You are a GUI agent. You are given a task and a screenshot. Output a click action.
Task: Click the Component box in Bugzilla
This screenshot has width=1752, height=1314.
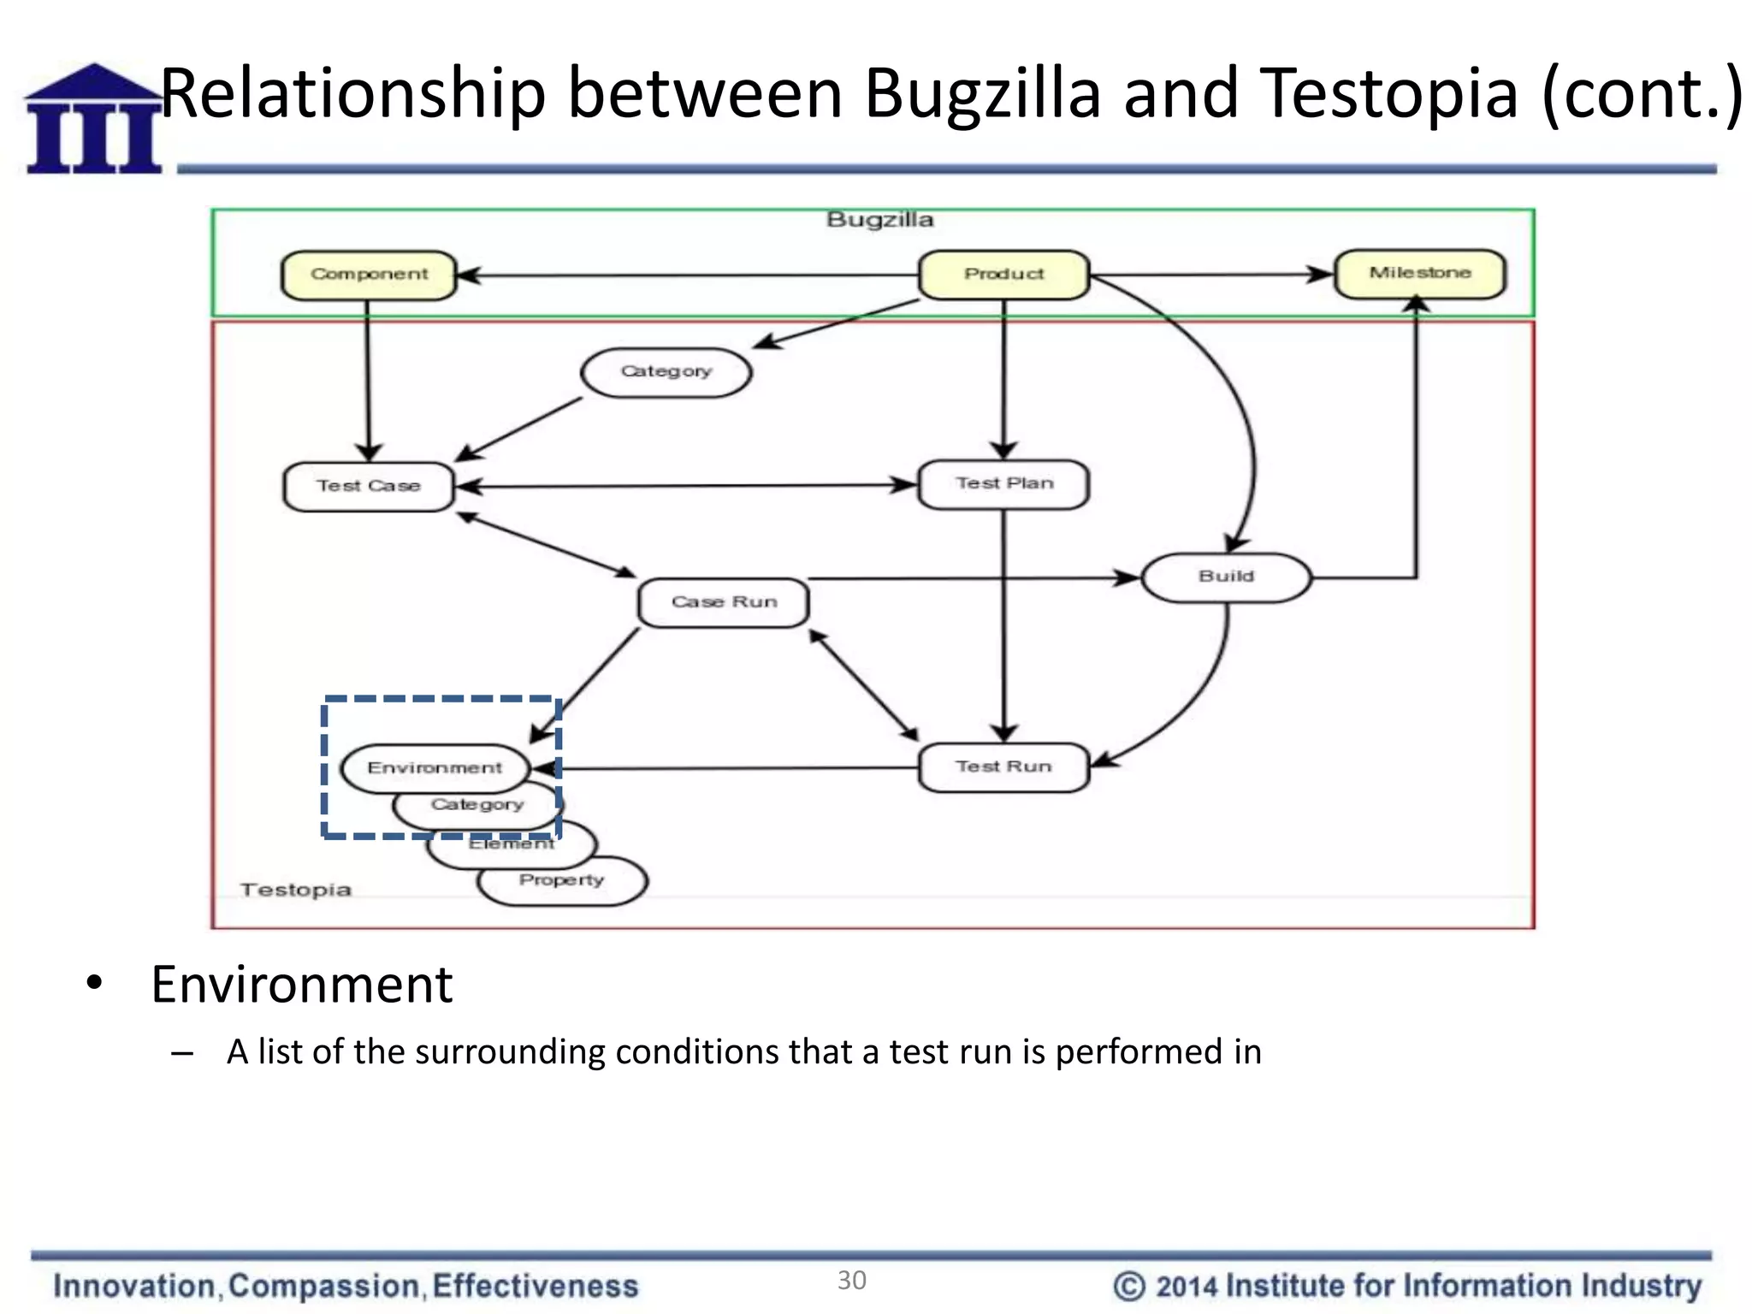pos(369,275)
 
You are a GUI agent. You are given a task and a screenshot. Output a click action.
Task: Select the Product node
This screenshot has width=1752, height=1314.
pos(1003,274)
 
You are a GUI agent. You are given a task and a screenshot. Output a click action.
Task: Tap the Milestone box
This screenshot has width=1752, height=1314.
pos(1419,273)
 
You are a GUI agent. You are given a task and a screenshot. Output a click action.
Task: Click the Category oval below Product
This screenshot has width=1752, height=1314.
pos(666,371)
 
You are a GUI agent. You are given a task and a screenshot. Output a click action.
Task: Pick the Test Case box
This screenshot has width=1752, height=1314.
pos(369,486)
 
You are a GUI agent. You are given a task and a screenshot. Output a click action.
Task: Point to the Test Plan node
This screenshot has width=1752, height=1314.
pos(1003,483)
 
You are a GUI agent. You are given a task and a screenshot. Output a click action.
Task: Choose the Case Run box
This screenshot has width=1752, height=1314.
pos(724,602)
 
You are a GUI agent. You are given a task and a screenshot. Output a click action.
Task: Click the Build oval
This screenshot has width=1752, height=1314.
pos(1226,577)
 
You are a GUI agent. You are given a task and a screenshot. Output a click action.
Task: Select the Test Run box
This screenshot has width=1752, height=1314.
pos(1003,766)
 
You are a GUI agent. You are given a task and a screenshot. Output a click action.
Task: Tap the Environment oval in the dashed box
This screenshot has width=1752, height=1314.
pos(435,767)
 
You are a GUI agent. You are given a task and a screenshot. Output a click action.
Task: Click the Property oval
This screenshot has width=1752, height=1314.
pos(562,881)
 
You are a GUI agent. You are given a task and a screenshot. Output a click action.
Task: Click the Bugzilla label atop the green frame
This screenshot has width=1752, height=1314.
pos(879,220)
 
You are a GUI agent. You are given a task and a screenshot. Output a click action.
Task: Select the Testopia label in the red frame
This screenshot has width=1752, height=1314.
pos(296,890)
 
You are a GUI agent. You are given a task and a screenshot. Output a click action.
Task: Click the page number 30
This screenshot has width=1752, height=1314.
pos(851,1280)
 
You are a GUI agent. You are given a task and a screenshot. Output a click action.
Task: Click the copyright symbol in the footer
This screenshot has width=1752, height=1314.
pos(1128,1286)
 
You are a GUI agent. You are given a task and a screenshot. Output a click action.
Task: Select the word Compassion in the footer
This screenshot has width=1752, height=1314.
pos(324,1286)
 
